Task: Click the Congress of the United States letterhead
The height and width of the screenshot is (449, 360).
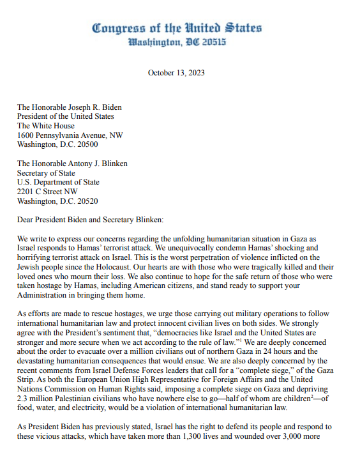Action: coord(176,28)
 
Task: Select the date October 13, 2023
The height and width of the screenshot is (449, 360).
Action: coord(176,73)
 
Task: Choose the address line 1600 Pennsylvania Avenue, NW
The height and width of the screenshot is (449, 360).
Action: coord(70,135)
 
